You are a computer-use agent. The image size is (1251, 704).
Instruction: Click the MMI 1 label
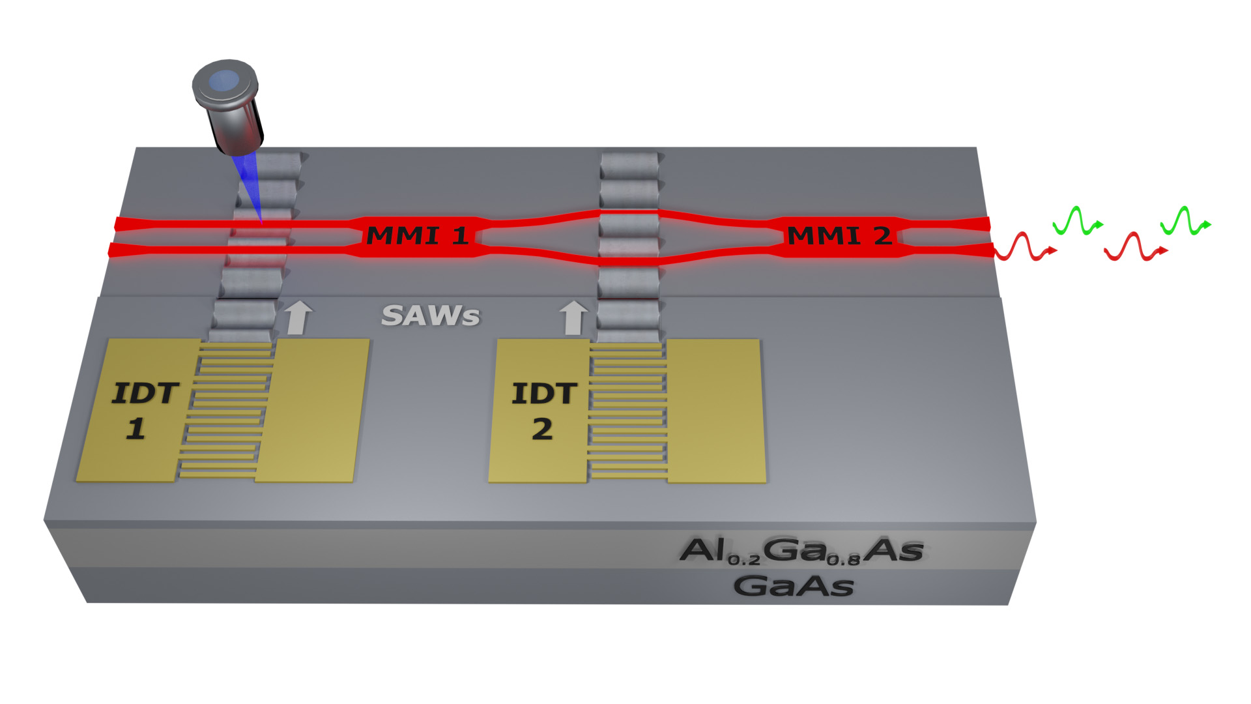418,235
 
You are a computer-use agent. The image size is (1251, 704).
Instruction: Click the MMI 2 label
839,235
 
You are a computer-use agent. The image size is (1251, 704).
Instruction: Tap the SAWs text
431,316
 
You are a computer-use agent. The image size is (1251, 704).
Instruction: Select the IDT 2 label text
544,411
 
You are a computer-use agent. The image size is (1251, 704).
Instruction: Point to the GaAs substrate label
794,586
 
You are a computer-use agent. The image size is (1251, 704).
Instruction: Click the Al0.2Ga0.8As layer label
801,551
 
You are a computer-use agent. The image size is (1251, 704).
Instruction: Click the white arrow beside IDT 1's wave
298,317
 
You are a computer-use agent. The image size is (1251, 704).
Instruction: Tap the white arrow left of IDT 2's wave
573,317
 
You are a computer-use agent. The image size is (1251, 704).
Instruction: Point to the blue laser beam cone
251,189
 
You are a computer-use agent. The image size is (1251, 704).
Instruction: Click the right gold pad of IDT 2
715,411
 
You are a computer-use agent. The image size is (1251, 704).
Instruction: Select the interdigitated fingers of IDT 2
627,411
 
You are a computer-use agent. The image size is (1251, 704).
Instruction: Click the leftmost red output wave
1023,247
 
